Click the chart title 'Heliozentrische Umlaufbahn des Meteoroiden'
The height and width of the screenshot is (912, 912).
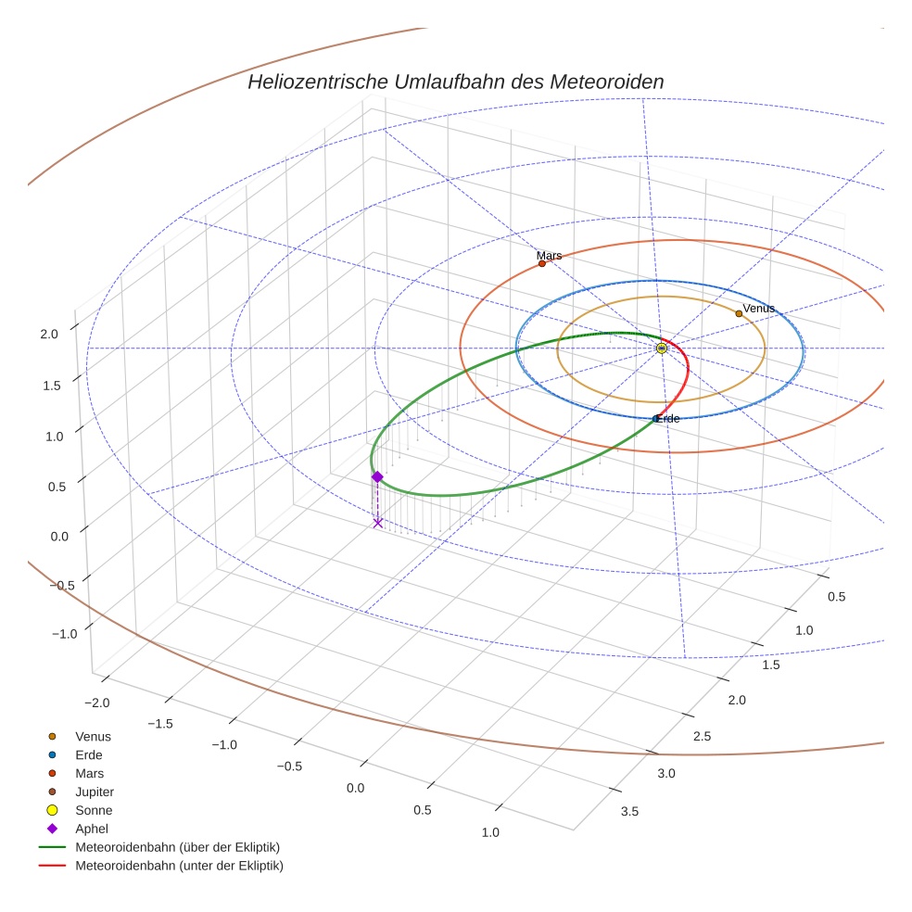(x=455, y=82)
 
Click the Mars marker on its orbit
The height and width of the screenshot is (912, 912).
(x=542, y=263)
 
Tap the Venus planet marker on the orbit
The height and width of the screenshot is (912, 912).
(x=739, y=313)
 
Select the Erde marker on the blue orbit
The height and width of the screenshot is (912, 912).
(x=656, y=418)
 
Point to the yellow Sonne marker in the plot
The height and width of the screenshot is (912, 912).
(x=661, y=348)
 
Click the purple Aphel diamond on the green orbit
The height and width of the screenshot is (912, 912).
(x=377, y=476)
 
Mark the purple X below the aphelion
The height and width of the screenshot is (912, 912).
(x=377, y=523)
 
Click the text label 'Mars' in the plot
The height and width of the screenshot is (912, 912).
(x=549, y=255)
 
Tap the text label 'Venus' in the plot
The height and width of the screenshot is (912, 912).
(x=758, y=309)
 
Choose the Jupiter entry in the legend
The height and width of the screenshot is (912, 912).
(x=94, y=792)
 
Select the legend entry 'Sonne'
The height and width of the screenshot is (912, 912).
(x=94, y=810)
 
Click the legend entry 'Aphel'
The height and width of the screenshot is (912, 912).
(x=92, y=829)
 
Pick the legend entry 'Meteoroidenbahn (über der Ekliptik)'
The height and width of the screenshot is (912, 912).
(x=177, y=847)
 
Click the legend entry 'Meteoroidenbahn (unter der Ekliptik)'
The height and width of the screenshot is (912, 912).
(x=179, y=866)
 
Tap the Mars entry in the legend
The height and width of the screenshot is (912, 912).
(x=89, y=773)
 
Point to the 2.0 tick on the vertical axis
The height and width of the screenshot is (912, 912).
(x=50, y=334)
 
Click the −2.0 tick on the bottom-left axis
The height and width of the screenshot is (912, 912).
(x=96, y=703)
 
